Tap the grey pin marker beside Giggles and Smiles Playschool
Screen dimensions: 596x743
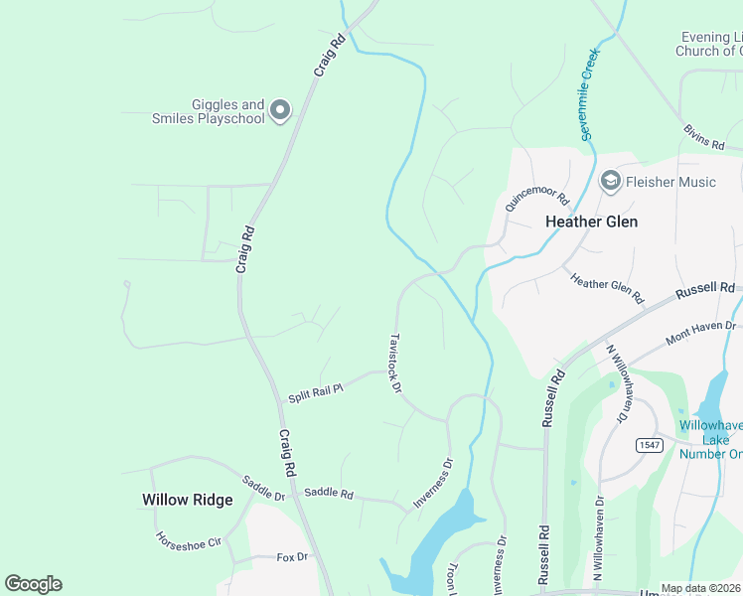pos(280,110)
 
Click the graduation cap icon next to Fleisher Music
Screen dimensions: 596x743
pos(610,181)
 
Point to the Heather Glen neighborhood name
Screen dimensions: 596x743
pos(592,222)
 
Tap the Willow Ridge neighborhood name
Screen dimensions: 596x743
pos(187,500)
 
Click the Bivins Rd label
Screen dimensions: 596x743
pos(704,138)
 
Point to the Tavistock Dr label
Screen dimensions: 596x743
pos(394,363)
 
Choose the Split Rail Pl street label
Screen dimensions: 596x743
pos(315,392)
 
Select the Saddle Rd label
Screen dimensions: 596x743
pos(329,493)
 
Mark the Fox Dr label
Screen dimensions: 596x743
pos(292,557)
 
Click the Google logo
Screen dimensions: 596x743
pos(33,584)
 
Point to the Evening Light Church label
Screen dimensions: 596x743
pos(708,43)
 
